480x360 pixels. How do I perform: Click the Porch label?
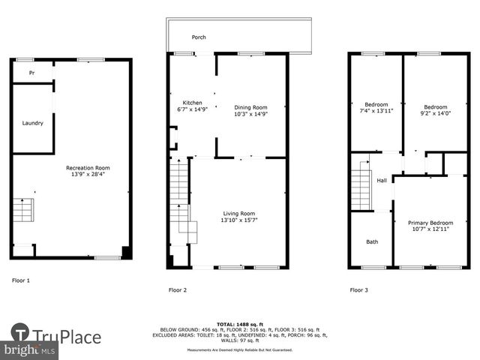click(x=199, y=37)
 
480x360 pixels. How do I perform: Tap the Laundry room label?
click(x=32, y=123)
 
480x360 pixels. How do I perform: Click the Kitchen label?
click(x=192, y=103)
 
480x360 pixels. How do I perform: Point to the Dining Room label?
click(x=250, y=107)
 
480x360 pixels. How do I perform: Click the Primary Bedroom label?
click(x=430, y=223)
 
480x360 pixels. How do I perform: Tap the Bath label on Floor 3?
click(x=372, y=241)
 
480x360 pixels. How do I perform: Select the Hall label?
click(x=382, y=180)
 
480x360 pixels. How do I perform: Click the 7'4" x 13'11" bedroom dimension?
click(x=376, y=111)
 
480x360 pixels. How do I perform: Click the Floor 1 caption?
click(x=21, y=280)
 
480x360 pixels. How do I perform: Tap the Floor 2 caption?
click(x=178, y=289)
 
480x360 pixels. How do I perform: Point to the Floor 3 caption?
click(x=358, y=289)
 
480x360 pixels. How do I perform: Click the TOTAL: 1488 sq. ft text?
click(x=240, y=323)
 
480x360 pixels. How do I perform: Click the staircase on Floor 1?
click(x=23, y=210)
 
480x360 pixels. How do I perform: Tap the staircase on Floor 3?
click(x=361, y=189)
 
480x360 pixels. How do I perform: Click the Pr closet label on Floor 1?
click(x=32, y=73)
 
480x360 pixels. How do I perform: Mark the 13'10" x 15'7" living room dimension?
click(x=239, y=220)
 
